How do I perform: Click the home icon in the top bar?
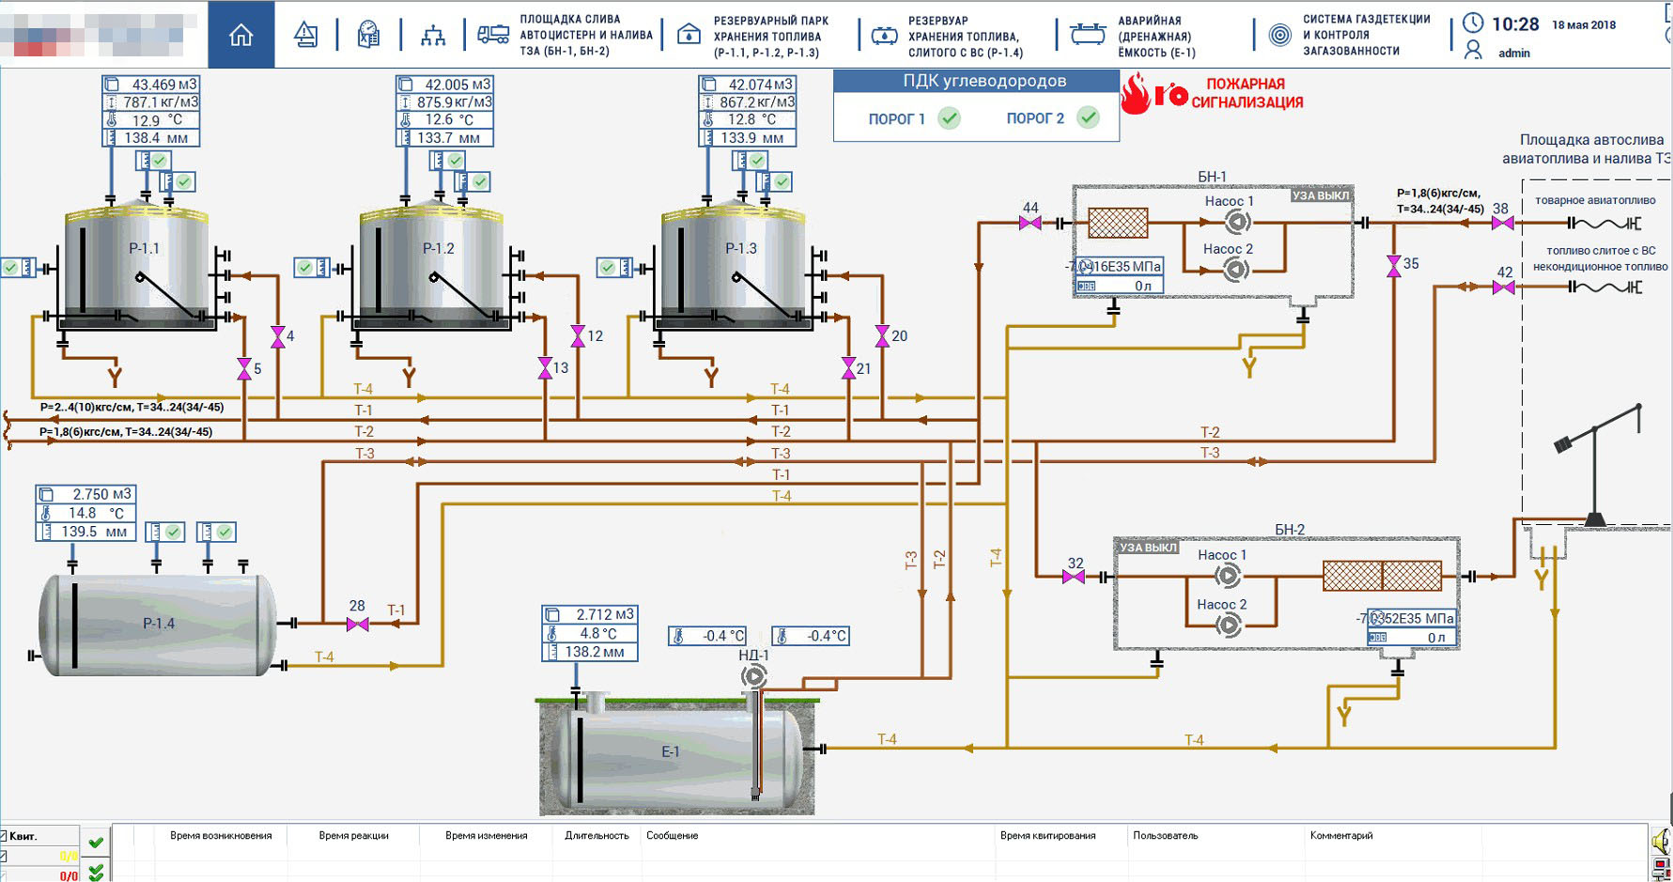pos(241,35)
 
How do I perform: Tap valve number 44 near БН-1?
pos(1030,224)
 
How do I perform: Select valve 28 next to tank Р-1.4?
pos(357,624)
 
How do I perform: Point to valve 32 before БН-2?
pos(1074,577)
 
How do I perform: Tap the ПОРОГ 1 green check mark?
pos(950,118)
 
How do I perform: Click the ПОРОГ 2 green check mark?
pos(1088,117)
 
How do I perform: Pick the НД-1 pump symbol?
pos(753,675)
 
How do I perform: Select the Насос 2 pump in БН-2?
pos(1228,625)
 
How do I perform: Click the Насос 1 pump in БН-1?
pos(1237,223)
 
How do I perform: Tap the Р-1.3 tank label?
pos(741,248)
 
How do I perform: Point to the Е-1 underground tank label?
pos(670,751)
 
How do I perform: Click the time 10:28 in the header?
pos(1515,24)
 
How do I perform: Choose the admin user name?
pos(1513,53)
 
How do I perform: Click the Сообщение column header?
pos(672,835)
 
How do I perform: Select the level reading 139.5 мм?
pos(93,532)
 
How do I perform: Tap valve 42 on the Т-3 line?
pos(1503,287)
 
